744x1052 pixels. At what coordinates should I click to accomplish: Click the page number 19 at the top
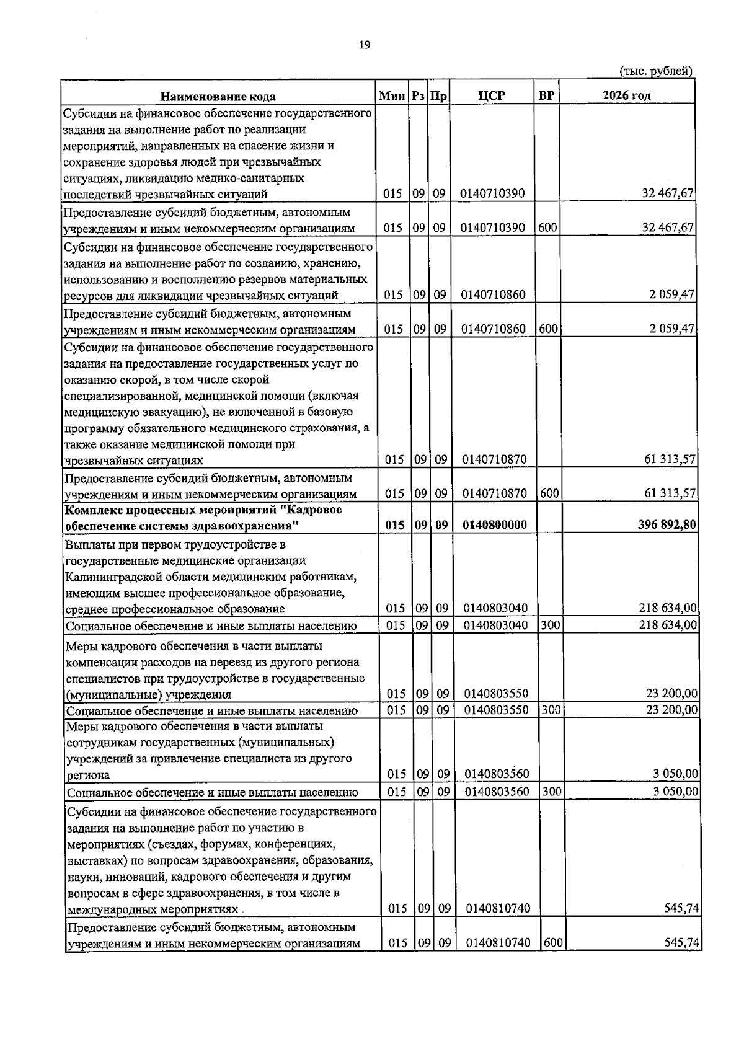point(365,45)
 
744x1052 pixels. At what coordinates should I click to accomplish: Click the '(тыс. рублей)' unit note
point(656,71)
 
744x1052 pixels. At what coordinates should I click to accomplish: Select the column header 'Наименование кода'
point(218,96)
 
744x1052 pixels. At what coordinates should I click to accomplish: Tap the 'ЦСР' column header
point(492,95)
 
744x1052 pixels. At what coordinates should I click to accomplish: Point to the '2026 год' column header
point(626,95)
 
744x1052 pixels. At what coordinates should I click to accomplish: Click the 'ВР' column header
point(547,95)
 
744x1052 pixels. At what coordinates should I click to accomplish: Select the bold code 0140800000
point(495,525)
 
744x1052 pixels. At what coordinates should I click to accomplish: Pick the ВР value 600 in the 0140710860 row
point(548,329)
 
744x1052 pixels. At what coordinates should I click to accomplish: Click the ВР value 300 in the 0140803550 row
point(551,710)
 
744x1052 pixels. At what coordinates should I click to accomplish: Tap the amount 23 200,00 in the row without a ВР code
point(671,694)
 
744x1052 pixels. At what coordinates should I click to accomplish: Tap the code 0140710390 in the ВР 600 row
point(493,228)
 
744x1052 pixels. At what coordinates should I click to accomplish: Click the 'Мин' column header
point(392,96)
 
